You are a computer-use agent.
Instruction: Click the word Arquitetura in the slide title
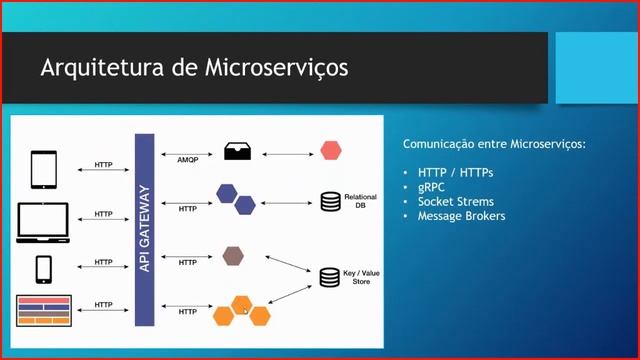95,69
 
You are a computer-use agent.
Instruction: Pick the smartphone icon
44,268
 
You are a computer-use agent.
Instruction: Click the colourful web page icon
44,310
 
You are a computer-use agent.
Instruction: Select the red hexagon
331,152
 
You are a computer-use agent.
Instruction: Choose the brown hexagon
233,255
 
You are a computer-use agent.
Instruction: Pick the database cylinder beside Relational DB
330,202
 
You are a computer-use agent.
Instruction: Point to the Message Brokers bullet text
461,215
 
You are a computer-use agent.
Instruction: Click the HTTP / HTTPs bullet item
455,172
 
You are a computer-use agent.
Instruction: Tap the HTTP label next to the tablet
103,164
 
